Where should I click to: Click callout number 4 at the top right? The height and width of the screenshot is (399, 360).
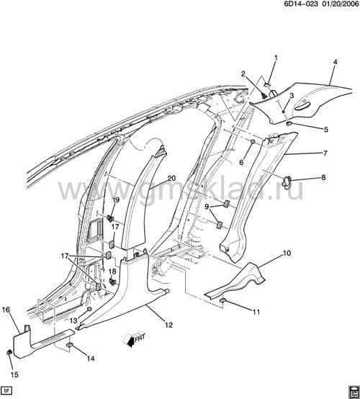(x=335, y=62)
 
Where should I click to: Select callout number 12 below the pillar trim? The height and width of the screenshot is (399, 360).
(x=169, y=325)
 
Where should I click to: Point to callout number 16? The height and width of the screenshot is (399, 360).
(x=6, y=310)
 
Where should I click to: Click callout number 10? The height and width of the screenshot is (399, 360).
(x=287, y=254)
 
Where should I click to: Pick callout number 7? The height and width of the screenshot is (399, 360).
(x=325, y=153)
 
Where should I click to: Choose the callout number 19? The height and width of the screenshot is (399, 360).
(x=116, y=199)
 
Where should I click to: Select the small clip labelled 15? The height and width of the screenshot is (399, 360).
(x=9, y=352)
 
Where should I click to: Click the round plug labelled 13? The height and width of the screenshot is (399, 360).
(x=89, y=309)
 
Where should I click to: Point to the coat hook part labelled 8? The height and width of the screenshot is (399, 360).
(x=286, y=182)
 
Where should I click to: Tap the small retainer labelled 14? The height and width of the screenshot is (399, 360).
(x=69, y=345)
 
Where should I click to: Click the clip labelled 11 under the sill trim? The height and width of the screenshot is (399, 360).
(x=223, y=301)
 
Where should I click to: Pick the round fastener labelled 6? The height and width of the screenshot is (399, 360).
(x=253, y=141)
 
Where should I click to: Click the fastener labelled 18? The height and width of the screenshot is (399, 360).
(x=112, y=281)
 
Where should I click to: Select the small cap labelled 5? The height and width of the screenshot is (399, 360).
(x=289, y=123)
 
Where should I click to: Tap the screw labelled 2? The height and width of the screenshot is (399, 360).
(x=264, y=97)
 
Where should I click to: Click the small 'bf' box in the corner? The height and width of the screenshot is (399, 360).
(x=6, y=390)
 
